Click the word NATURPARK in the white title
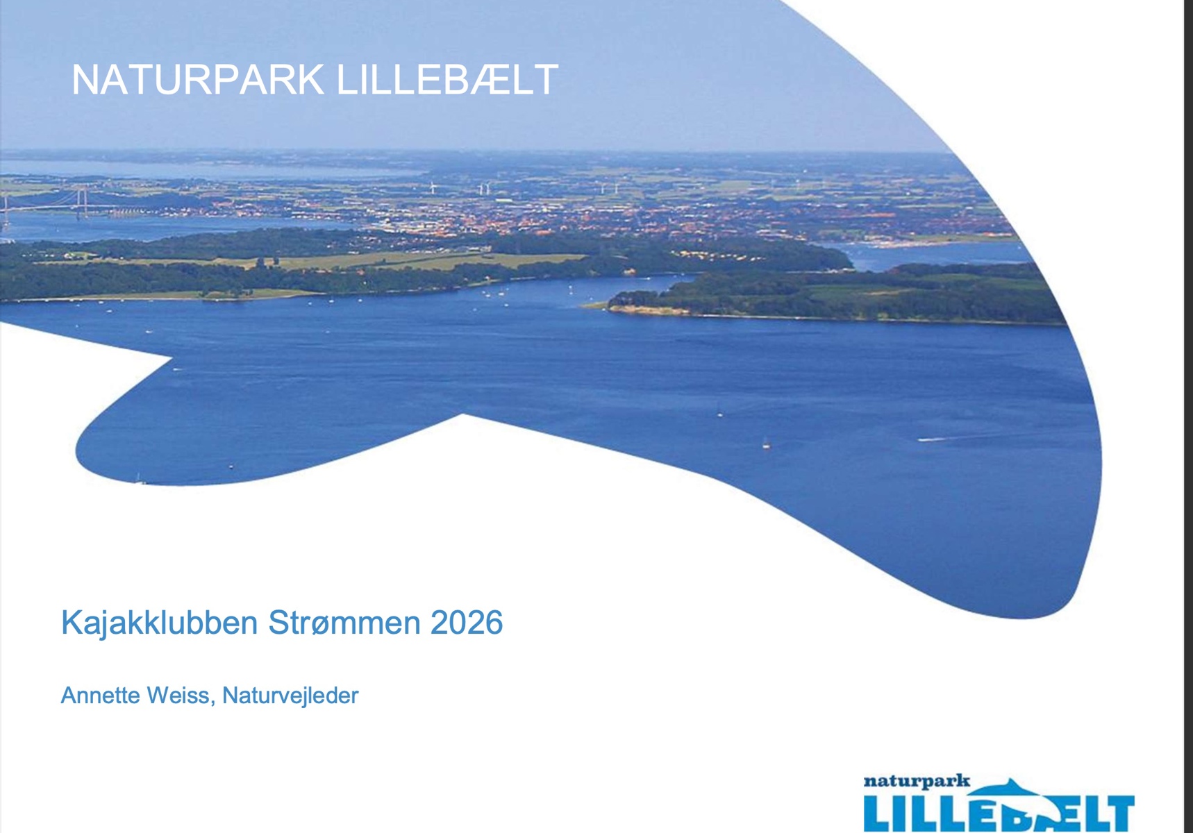[x=198, y=80]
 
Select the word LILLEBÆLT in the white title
[x=447, y=80]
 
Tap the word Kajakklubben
[x=160, y=623]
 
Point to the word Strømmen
[x=344, y=623]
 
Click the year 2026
[x=467, y=623]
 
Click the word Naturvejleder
[x=290, y=696]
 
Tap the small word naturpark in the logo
[x=917, y=782]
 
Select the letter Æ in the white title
[x=485, y=80]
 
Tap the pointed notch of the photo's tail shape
[x=172, y=358]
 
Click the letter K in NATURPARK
[x=310, y=80]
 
